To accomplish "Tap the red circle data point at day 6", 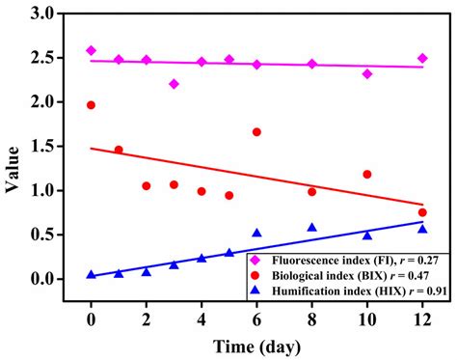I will coord(256,132).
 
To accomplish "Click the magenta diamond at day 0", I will coord(91,50).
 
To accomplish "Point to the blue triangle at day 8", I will coord(311,228).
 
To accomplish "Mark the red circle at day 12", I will coord(422,212).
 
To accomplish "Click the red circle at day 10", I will coord(367,175).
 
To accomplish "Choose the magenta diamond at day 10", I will coord(367,73).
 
